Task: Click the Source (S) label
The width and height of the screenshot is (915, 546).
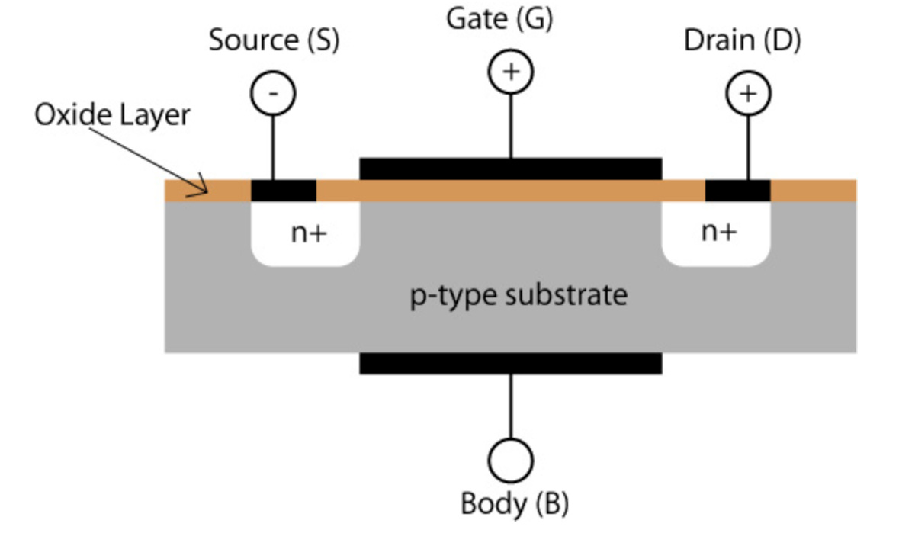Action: tap(274, 40)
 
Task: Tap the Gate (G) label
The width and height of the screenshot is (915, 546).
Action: tap(499, 20)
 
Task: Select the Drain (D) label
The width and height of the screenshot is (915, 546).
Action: tap(742, 40)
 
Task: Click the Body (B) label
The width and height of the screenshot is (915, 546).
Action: tap(514, 504)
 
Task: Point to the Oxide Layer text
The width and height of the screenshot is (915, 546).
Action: tap(112, 115)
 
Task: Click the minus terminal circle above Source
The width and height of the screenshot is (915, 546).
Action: tap(273, 94)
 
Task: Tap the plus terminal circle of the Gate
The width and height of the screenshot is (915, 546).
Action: tap(510, 72)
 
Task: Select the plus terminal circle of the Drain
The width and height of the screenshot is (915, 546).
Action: tap(748, 94)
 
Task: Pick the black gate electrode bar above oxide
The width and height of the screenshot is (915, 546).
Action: tap(510, 169)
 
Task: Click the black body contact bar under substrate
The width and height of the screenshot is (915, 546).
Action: tap(510, 363)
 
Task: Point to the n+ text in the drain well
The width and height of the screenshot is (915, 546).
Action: tap(719, 232)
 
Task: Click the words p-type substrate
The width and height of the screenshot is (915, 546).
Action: tap(519, 294)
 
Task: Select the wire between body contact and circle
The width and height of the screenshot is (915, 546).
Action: tap(510, 406)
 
